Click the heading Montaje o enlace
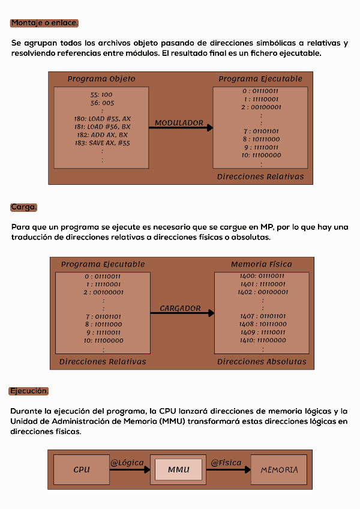pyautogui.click(x=44, y=23)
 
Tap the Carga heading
pyautogui.click(x=24, y=207)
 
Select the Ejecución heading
pyautogui.click(x=29, y=391)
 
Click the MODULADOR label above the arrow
pyautogui.click(x=179, y=122)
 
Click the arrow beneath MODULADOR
pyautogui.click(x=181, y=128)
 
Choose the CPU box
pyautogui.click(x=81, y=469)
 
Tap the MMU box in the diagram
pyautogui.click(x=179, y=469)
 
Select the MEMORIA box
pyautogui.click(x=279, y=469)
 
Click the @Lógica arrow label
pyautogui.click(x=127, y=462)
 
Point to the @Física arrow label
pyautogui.click(x=226, y=462)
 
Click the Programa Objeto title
pyautogui.click(x=101, y=79)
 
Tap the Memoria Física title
pyautogui.click(x=262, y=264)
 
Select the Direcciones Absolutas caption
pyautogui.click(x=262, y=361)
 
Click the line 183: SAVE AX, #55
pyautogui.click(x=102, y=143)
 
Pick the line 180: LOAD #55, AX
pyautogui.click(x=102, y=119)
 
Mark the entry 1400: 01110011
pyautogui.click(x=262, y=276)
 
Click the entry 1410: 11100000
pyautogui.click(x=262, y=340)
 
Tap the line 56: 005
pyautogui.click(x=102, y=103)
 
